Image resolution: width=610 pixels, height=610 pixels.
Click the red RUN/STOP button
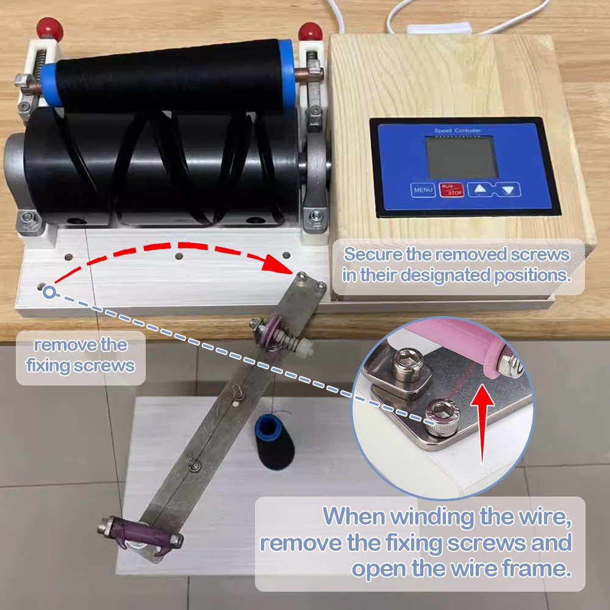(451, 190)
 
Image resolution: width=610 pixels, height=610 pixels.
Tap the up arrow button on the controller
(481, 190)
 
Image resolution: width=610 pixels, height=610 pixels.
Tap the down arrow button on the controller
(508, 190)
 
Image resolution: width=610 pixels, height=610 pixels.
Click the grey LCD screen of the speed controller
(461, 157)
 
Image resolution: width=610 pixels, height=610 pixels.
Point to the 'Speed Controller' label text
(457, 131)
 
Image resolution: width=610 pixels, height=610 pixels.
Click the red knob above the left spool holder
(49, 28)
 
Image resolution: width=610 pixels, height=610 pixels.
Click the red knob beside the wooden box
(310, 31)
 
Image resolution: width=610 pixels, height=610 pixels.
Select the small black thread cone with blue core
(274, 442)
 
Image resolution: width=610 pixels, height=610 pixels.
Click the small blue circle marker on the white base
(49, 292)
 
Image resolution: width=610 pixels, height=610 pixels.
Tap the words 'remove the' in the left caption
(81, 345)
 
